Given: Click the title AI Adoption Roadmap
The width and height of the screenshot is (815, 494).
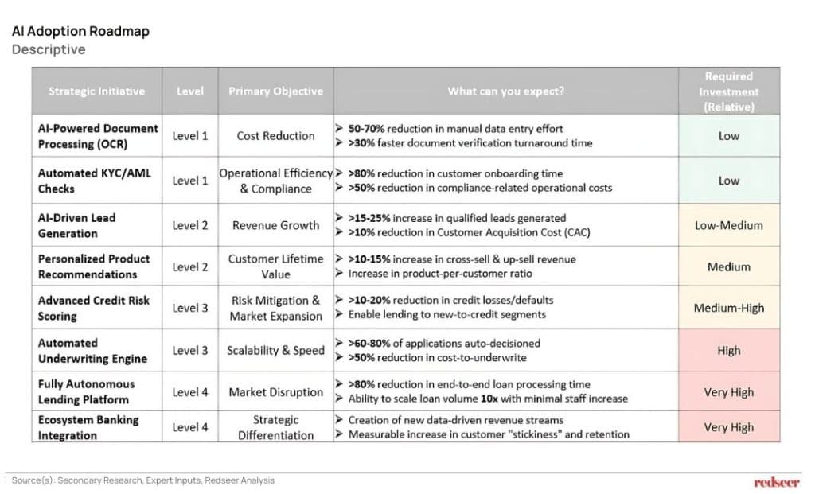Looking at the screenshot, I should click(x=80, y=32).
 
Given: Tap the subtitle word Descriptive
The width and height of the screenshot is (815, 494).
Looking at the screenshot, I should click(x=49, y=49).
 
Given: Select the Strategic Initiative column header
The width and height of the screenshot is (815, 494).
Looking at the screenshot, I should click(x=96, y=91).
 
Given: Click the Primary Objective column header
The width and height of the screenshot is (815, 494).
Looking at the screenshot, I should click(x=275, y=91).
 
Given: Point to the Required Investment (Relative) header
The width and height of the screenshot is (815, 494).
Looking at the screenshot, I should click(x=728, y=91).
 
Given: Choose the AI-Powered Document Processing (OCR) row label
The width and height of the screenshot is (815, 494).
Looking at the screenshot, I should click(x=97, y=136).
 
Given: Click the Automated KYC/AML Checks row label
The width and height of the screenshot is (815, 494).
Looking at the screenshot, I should click(x=94, y=181).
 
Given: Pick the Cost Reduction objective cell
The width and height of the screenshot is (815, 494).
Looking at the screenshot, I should click(x=275, y=136).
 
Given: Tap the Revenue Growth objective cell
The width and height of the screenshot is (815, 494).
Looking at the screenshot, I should click(x=275, y=225).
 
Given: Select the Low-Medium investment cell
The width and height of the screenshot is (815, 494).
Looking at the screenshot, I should click(x=728, y=225).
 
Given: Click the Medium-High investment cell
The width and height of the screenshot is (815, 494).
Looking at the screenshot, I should click(x=728, y=308).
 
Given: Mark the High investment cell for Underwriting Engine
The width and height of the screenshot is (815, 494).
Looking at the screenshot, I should click(x=728, y=350).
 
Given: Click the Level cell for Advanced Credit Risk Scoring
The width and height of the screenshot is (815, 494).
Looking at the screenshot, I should click(x=190, y=308).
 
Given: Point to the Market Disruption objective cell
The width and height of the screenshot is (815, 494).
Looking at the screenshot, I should click(x=275, y=392).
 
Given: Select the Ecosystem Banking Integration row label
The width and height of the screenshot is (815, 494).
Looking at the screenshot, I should click(x=88, y=427).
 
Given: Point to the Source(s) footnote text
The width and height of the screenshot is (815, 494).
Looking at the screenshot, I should click(x=143, y=480).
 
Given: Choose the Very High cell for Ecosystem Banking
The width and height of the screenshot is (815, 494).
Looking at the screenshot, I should click(x=728, y=427).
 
